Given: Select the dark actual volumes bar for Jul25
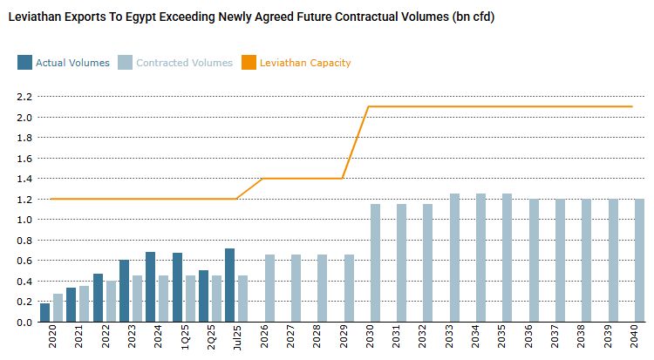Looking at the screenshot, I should coord(229,285).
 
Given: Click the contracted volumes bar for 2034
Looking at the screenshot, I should coord(480,258).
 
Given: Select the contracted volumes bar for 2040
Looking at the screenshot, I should coord(639,261).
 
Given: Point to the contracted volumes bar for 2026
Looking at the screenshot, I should coord(270,289).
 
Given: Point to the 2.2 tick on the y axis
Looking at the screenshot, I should coord(24,96).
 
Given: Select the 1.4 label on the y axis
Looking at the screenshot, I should coord(24,179).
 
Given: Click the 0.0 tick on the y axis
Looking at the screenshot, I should coord(24,323).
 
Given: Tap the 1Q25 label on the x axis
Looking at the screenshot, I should coord(179,339).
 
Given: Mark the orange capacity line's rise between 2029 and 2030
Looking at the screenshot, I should coord(355,142).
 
